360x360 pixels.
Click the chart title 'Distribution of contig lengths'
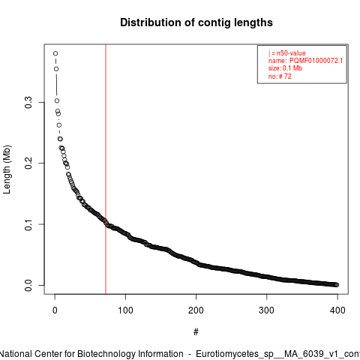[196, 22]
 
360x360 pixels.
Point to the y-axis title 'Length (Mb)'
[7, 169]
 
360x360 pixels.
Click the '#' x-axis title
[196, 332]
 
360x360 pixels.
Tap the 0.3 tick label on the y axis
[28, 102]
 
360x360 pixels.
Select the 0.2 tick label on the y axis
[28, 163]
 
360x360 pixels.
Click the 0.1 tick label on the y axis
[28, 224]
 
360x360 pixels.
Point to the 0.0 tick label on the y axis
[28, 285]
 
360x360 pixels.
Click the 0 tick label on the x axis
[55, 310]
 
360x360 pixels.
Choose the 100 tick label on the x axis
[125, 310]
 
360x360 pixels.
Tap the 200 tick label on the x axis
[196, 310]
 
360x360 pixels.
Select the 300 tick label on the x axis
[267, 310]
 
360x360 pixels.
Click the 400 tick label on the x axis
[337, 310]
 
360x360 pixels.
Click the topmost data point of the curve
[55, 53]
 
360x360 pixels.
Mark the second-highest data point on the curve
[56, 69]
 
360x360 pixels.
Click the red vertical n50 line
[106, 169]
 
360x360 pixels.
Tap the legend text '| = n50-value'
[287, 53]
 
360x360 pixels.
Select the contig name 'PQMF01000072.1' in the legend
[316, 61]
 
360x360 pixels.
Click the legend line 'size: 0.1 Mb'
[285, 68]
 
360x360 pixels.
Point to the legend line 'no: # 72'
[280, 76]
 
